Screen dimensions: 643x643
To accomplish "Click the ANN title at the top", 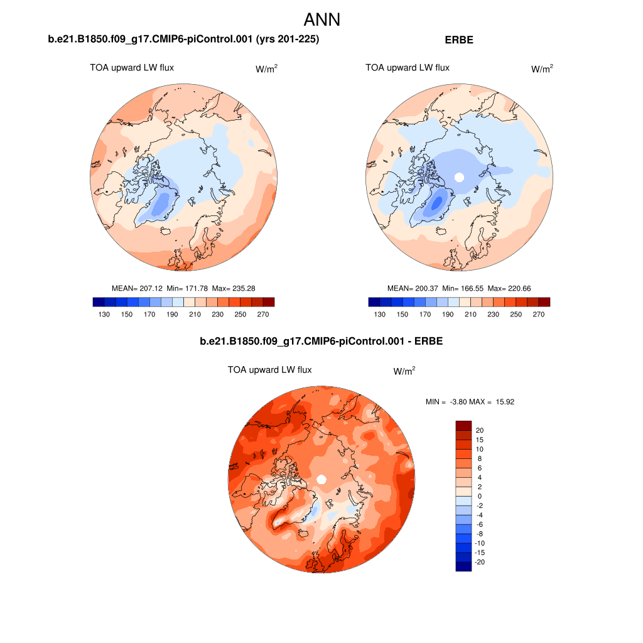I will pyautogui.click(x=321, y=19).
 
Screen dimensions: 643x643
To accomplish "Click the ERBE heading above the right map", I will pyautogui.click(x=458, y=40).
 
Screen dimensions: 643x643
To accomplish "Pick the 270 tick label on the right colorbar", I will pyautogui.click(x=539, y=315).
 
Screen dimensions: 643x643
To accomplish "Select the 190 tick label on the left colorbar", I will pyautogui.click(x=173, y=315).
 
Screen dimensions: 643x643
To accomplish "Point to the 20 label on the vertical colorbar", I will pyautogui.click(x=480, y=430).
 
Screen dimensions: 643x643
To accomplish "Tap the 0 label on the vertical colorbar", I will pyautogui.click(x=480, y=496).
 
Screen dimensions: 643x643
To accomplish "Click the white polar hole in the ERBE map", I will pyautogui.click(x=459, y=177).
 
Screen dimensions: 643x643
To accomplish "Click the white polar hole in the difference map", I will pyautogui.click(x=321, y=480).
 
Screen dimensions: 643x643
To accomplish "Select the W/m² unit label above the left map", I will pyautogui.click(x=266, y=69).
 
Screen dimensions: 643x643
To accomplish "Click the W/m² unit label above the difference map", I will pyautogui.click(x=404, y=371).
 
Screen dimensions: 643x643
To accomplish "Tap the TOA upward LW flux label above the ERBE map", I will pyautogui.click(x=407, y=68).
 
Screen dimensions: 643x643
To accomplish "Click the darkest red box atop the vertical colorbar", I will pyautogui.click(x=463, y=425).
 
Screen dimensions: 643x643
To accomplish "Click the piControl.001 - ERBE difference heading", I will pyautogui.click(x=321, y=342).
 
